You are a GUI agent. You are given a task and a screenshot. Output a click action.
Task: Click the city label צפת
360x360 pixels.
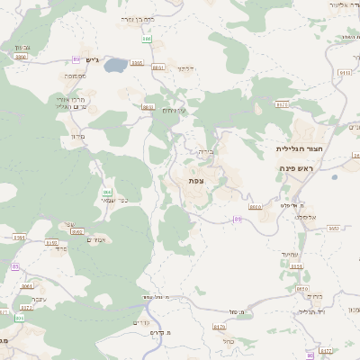[195, 181]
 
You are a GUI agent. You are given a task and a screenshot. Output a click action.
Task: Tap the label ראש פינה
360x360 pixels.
[295, 167]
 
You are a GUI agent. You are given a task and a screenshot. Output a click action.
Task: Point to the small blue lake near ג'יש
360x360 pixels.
[115, 66]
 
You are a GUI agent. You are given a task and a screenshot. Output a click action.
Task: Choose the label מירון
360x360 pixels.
[77, 137]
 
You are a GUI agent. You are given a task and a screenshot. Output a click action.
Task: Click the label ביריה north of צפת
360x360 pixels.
[206, 153]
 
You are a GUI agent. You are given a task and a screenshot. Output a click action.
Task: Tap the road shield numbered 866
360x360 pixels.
[107, 193]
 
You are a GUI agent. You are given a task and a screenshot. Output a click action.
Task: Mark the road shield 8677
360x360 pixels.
[282, 104]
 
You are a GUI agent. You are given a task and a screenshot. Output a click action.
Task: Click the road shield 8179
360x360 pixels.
[220, 327]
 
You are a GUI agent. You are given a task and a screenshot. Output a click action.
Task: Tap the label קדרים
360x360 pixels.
[140, 322]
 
